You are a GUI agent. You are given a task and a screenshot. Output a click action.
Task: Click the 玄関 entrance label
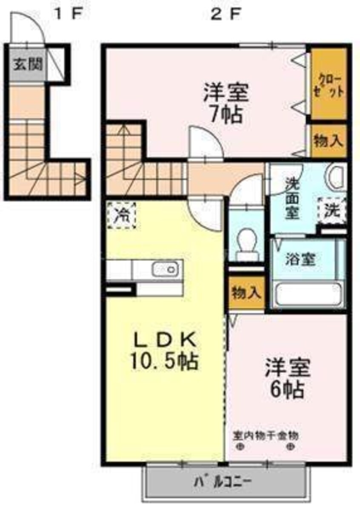[x=29, y=64]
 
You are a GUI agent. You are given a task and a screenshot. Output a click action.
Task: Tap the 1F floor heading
[x=68, y=14]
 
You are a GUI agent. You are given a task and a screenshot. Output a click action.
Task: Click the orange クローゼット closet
[x=329, y=84]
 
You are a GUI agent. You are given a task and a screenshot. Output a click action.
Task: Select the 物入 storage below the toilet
[x=247, y=293]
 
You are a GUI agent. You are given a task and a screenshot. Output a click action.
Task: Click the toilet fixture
[x=247, y=245]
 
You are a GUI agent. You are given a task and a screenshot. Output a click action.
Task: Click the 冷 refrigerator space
[x=121, y=215]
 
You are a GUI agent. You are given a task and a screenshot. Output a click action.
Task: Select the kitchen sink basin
[x=166, y=269]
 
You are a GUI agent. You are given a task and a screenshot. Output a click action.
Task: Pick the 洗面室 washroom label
[x=292, y=198]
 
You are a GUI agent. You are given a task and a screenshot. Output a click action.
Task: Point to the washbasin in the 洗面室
[x=337, y=177]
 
